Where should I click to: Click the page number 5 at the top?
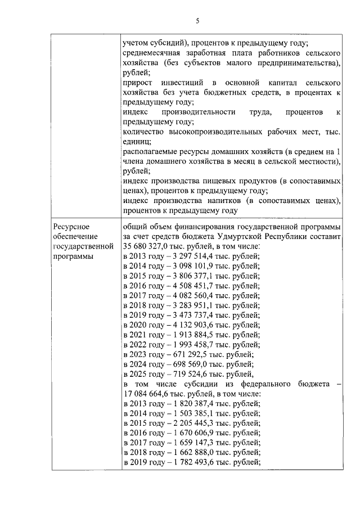[197, 21]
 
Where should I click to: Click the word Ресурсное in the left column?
[68, 226]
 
